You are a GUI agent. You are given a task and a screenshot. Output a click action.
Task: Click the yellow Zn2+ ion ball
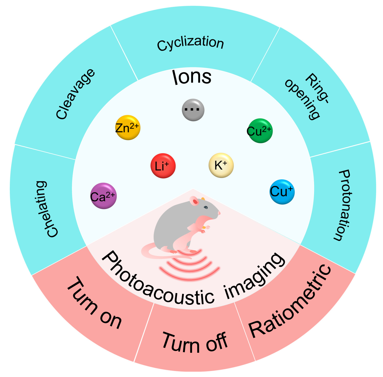coord(128,128)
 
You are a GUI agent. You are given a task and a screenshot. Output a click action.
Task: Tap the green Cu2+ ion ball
coord(260,131)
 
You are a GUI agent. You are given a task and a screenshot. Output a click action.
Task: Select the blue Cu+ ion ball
coord(282,192)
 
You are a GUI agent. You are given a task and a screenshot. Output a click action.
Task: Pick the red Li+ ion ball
coord(163,166)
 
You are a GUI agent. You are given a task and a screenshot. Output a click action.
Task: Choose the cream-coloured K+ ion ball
coord(221,165)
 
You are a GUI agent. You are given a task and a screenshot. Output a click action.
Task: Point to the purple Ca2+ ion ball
coord(103,196)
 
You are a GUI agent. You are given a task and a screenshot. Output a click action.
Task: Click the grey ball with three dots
coord(193,110)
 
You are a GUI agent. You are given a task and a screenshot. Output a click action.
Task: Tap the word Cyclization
coord(190,44)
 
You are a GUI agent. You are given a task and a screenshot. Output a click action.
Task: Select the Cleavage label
coord(75,94)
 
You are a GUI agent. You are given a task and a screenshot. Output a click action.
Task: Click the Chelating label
coord(47,209)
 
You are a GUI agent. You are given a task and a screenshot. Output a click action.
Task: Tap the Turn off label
coord(195,343)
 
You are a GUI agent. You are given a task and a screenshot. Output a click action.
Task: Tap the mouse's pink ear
coord(195,202)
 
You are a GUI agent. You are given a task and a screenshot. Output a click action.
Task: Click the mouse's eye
coord(205,207)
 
